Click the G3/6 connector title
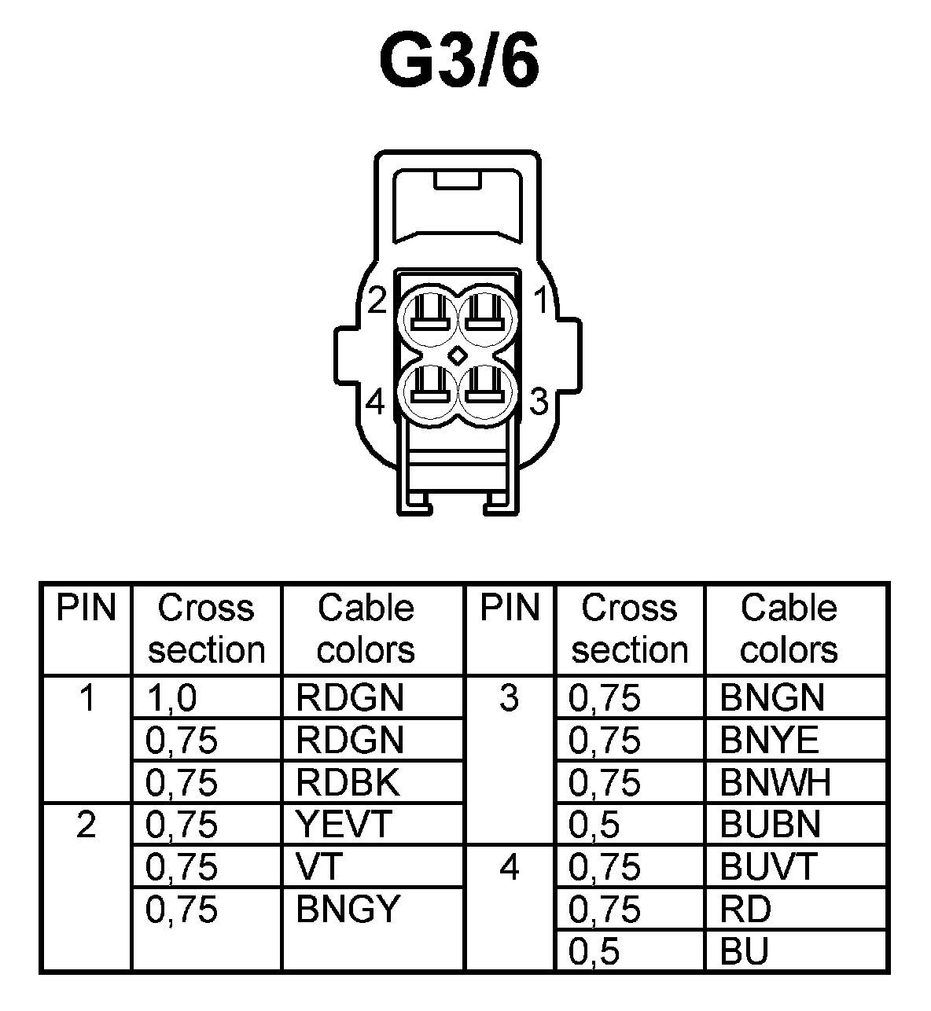459,60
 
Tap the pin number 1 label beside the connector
540,300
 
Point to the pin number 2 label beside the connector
377,300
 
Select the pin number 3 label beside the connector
539,402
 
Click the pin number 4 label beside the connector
376,403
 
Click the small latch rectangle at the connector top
458,182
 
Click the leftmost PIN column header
86,608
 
